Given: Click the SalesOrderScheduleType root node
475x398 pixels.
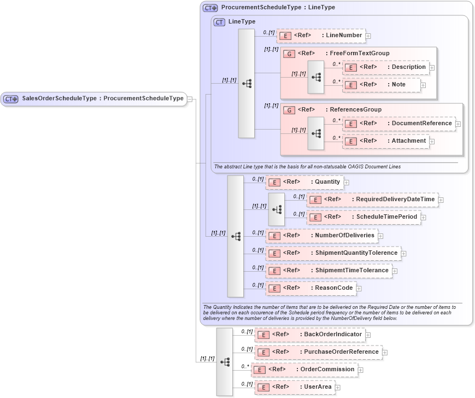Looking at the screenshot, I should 93,99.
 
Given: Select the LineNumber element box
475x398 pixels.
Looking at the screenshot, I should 321,36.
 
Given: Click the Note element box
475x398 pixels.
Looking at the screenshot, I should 381,85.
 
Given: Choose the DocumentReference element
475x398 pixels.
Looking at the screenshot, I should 398,124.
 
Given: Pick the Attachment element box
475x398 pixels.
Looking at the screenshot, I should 385,141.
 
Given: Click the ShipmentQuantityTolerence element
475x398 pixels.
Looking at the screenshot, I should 333,253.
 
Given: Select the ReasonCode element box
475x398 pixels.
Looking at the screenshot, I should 310,288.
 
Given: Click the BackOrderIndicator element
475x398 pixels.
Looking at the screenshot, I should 310,335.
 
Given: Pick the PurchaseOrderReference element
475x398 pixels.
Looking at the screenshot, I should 318,352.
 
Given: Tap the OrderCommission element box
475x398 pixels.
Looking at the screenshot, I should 304,370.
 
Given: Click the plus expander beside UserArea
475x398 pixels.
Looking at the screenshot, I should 337,388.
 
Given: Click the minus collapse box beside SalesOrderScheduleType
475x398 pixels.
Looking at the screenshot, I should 190,99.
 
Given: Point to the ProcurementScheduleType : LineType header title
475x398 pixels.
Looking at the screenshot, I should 278,8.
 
